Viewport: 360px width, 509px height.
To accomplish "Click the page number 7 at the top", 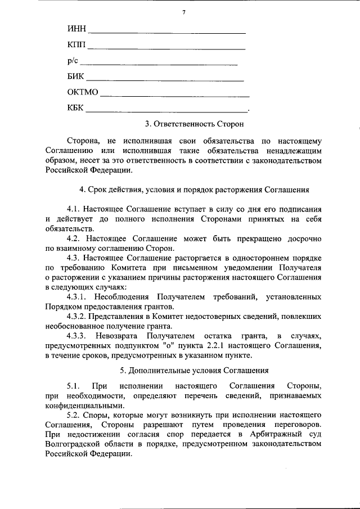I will pyautogui.click(x=183, y=12).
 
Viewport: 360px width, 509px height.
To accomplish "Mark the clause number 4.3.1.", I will pyautogui.click(x=78, y=296).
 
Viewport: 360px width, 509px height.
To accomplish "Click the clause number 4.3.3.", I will pyautogui.click(x=78, y=336).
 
